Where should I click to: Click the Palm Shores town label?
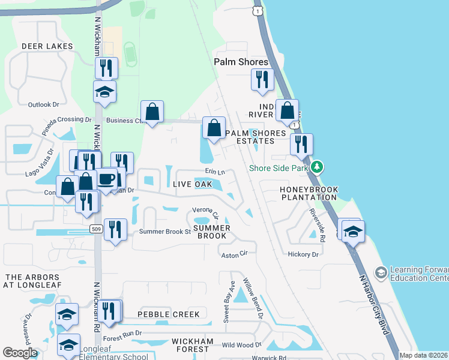(x=241, y=62)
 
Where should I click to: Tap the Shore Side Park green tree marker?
(x=317, y=167)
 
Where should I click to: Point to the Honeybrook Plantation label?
(x=309, y=193)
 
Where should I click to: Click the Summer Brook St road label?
(x=164, y=232)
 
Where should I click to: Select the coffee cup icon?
(x=107, y=179)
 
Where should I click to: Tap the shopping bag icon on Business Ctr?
(x=152, y=111)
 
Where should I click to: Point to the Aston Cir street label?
(x=235, y=254)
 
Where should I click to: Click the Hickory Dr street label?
(x=303, y=254)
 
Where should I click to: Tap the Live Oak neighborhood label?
(x=192, y=184)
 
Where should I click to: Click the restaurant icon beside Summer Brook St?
(x=115, y=229)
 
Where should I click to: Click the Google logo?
(x=20, y=353)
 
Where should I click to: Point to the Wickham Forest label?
(x=193, y=341)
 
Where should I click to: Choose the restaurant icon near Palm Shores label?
(x=262, y=79)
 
